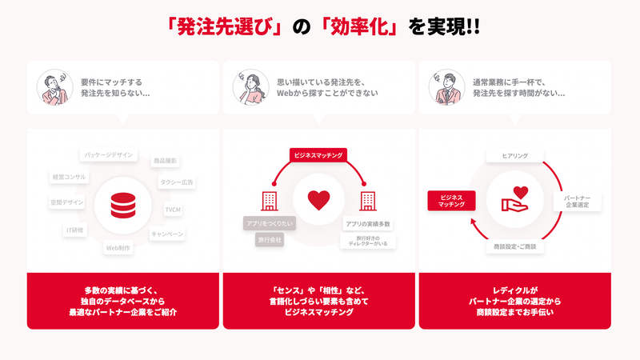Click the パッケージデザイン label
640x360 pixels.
(108, 154)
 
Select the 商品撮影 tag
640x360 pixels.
(166, 161)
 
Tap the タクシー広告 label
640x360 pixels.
(176, 182)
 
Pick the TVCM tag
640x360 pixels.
(174, 210)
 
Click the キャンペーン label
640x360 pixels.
(167, 234)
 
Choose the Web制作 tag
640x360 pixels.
(118, 248)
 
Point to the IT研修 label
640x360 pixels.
(74, 230)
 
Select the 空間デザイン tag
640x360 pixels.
(66, 202)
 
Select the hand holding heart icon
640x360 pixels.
(514, 199)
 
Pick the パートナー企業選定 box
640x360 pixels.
(577, 200)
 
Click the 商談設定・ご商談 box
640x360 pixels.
(516, 247)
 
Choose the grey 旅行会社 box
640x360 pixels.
(270, 239)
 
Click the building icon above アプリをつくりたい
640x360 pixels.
(270, 199)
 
